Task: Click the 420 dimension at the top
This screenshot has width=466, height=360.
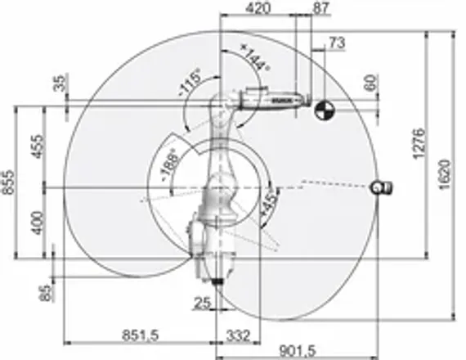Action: tap(258, 8)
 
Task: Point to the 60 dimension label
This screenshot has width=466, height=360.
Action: tap(369, 82)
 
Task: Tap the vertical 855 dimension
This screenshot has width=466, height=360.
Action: tap(8, 188)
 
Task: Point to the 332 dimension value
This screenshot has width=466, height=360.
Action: tap(237, 334)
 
